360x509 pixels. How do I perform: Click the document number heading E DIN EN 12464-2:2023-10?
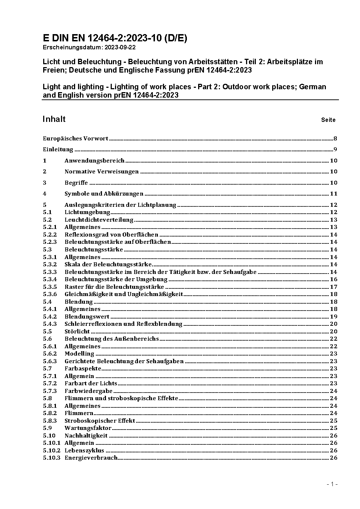point(115,38)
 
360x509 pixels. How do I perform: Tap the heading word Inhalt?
point(54,119)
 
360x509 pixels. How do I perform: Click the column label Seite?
point(328,120)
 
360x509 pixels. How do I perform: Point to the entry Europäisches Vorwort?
point(75,138)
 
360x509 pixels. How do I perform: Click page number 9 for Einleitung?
point(335,149)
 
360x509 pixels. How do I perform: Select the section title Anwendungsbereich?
point(94,160)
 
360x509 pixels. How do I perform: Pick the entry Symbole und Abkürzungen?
point(104,193)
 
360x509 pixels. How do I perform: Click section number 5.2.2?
point(50,234)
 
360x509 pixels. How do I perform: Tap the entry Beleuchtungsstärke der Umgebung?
point(116,279)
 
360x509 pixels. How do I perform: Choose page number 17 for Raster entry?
point(334,287)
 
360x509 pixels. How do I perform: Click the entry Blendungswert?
point(87,316)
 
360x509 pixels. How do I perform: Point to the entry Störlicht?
point(77,331)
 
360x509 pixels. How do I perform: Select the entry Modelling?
point(79,353)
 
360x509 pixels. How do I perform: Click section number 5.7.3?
point(50,391)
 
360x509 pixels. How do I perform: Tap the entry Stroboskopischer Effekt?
point(100,420)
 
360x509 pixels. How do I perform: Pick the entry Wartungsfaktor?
point(88,428)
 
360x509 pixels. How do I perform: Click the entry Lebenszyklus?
point(84,450)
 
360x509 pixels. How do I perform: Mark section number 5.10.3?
point(52,457)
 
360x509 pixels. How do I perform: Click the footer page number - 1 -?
point(332,484)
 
